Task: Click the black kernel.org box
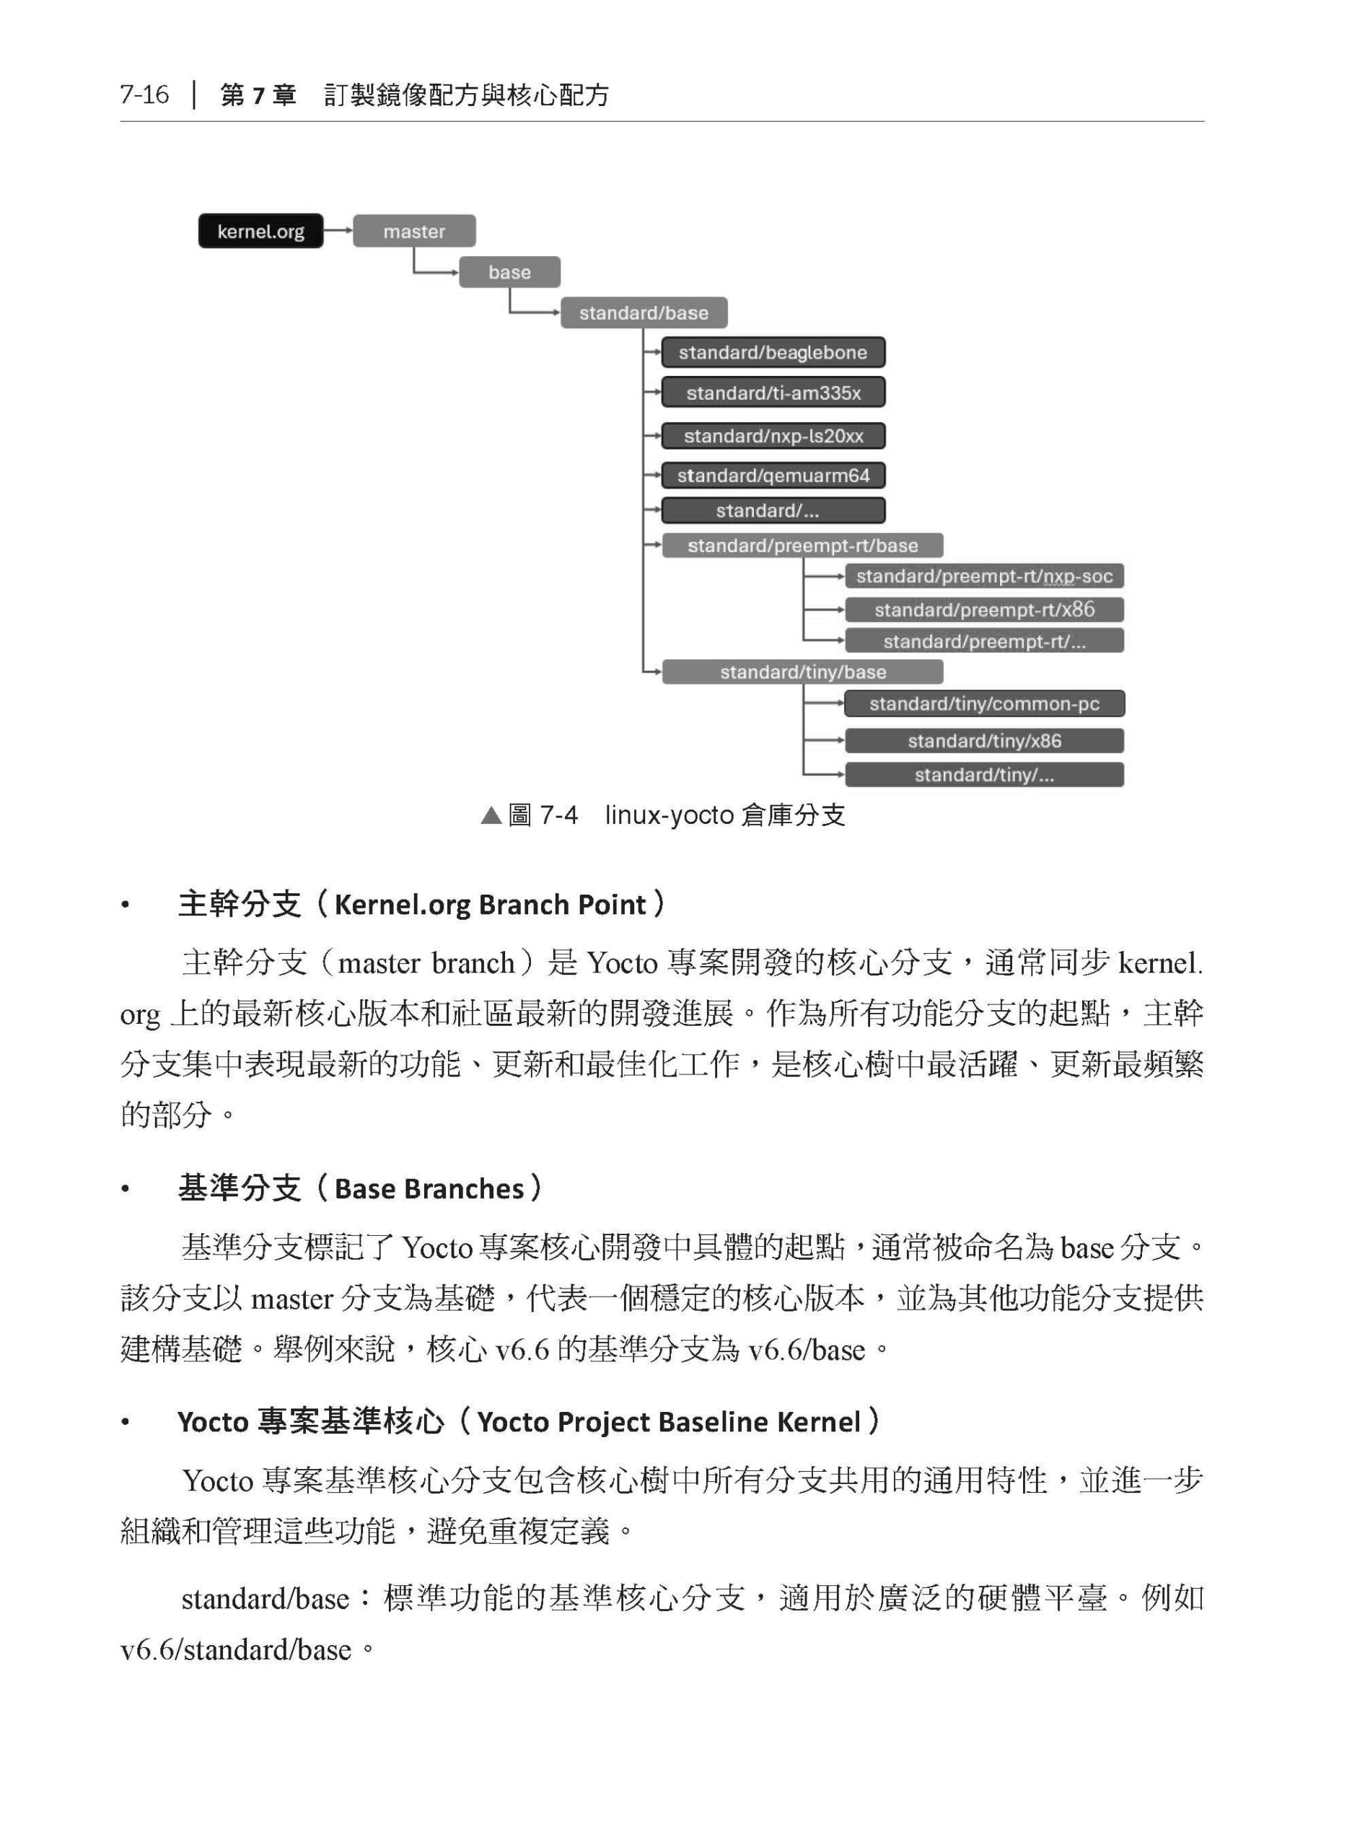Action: pos(260,232)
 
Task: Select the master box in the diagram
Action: pos(414,232)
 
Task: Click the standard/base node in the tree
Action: pos(644,312)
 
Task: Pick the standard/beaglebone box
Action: pos(773,352)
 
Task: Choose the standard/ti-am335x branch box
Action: pos(773,392)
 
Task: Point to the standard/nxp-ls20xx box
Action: pos(773,436)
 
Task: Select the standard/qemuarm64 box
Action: pos(773,475)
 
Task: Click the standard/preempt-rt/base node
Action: pos(802,545)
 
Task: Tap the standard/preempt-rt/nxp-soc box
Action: pos(983,576)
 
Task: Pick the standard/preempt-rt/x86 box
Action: pos(983,610)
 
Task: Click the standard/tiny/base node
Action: pos(802,672)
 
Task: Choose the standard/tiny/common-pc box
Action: pos(983,704)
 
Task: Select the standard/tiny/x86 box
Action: pos(983,740)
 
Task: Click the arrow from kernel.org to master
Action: pos(338,231)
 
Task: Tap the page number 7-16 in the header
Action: pos(144,95)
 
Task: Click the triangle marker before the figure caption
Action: pos(491,816)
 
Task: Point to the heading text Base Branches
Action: pos(429,1188)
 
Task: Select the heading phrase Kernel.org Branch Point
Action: pos(489,904)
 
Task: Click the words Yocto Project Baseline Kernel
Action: pos(669,1421)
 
